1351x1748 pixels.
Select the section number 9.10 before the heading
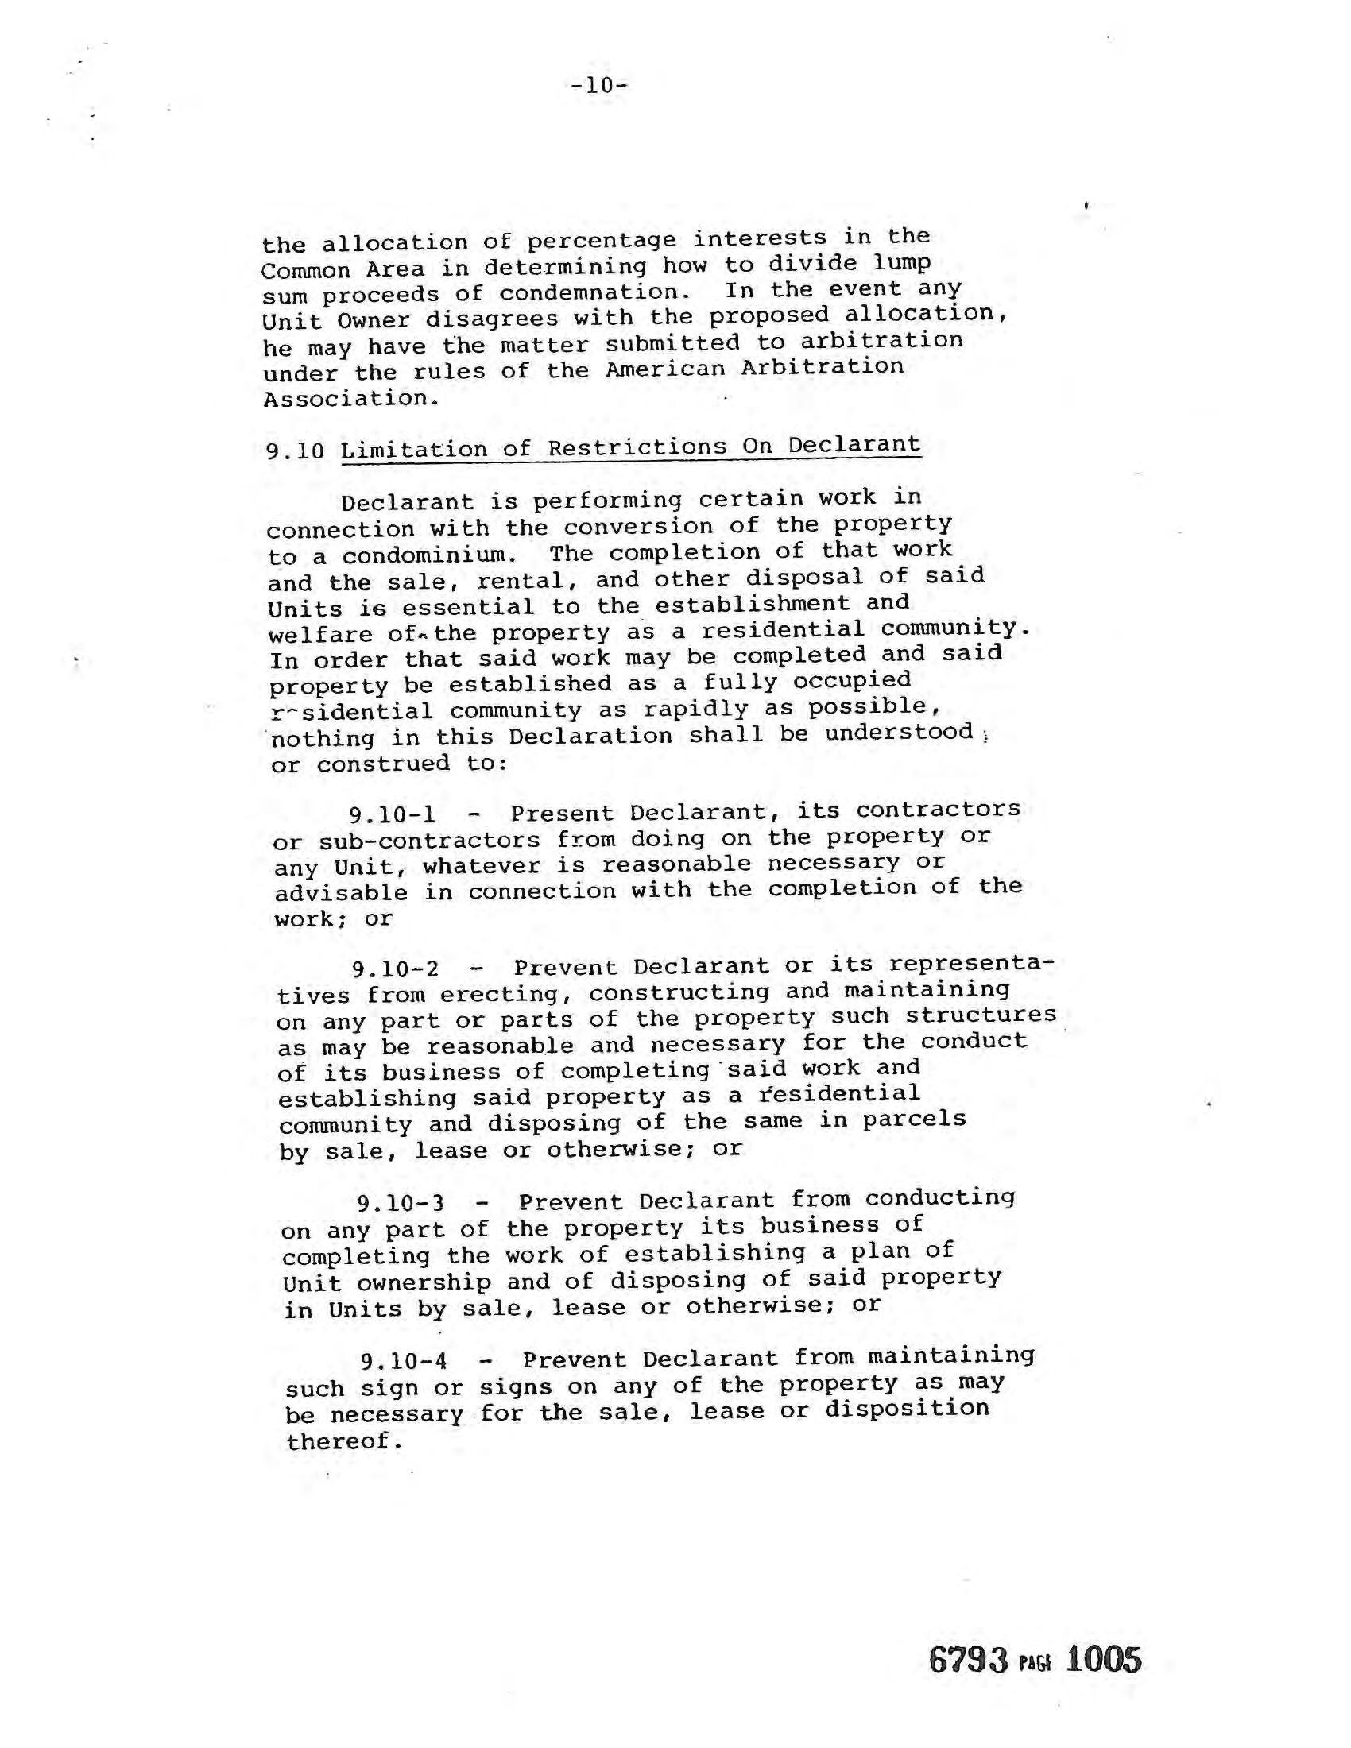coord(296,451)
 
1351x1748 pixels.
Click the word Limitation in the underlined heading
coord(414,450)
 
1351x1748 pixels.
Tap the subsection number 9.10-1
coord(392,814)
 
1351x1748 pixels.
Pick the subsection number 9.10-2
coord(396,969)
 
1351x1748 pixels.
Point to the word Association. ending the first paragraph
coord(350,399)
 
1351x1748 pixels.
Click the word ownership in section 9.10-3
coord(424,1283)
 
